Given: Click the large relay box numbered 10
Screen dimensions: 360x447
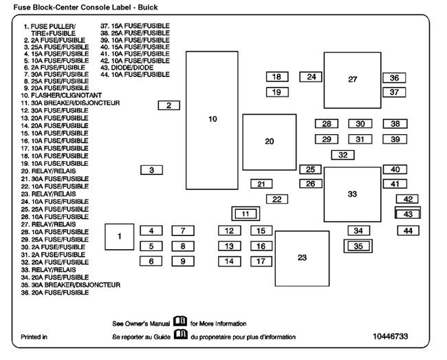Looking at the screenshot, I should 212,120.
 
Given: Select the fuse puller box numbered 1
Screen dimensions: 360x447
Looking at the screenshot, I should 119,236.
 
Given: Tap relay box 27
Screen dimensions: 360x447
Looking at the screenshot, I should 352,80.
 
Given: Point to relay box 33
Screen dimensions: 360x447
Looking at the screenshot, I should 352,194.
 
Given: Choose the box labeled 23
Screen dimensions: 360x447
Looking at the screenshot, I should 302,258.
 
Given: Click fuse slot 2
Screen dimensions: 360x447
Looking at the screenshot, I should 168,105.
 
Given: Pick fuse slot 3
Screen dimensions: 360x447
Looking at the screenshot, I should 151,169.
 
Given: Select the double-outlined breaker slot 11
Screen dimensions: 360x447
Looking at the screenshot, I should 246,214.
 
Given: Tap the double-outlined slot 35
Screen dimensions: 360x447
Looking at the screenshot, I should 358,246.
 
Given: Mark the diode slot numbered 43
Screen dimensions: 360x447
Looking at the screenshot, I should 408,214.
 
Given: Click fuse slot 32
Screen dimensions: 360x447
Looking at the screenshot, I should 342,155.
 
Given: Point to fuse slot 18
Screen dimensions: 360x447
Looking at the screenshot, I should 276,77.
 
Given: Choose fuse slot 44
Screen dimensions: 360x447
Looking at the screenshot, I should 408,231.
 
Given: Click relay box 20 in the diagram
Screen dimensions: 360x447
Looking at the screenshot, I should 269,142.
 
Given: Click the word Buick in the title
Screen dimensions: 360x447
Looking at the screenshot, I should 147,7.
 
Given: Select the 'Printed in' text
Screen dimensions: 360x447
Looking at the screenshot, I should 34,337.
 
